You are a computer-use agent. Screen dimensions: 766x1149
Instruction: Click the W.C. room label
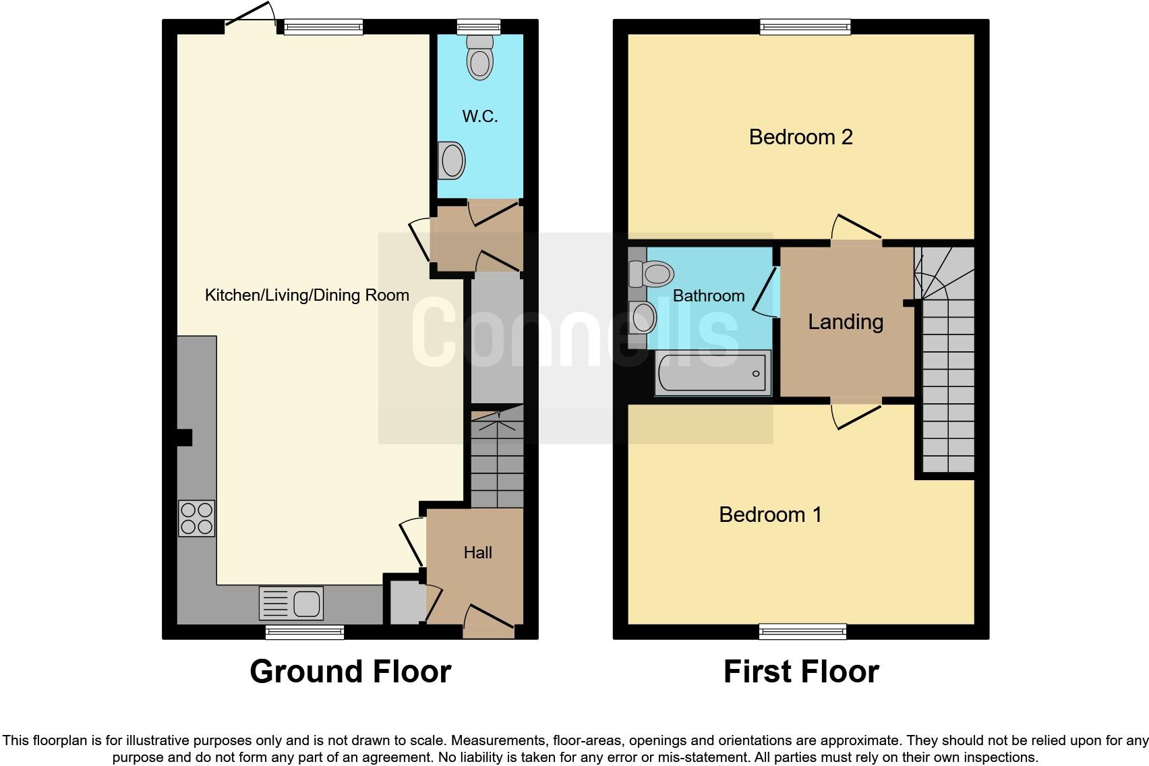click(x=479, y=117)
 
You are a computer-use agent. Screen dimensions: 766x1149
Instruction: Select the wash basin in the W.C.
click(x=451, y=160)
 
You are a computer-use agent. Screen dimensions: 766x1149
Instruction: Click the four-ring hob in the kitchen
click(x=196, y=518)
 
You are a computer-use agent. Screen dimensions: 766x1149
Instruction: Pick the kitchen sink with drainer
click(x=291, y=603)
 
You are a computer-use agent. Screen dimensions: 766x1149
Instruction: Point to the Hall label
click(x=477, y=553)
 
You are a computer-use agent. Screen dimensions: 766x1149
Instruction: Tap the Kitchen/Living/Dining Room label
click(x=307, y=295)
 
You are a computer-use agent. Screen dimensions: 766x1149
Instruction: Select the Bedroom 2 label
click(x=800, y=138)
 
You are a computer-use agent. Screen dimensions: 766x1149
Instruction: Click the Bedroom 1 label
click(x=770, y=515)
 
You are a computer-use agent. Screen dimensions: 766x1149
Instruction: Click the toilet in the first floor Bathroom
click(x=651, y=274)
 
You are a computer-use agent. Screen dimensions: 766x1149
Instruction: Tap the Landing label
click(x=846, y=322)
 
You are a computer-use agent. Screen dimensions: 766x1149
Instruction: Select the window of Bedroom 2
click(x=805, y=27)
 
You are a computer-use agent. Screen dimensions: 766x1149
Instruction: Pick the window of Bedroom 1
click(x=802, y=632)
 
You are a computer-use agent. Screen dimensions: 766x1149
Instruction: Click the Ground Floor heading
click(x=350, y=672)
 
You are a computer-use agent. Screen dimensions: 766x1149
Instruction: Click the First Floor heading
click(x=800, y=672)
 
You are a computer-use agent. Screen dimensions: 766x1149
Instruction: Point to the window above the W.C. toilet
click(x=479, y=27)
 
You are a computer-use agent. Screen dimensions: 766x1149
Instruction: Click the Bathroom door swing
click(x=765, y=291)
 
